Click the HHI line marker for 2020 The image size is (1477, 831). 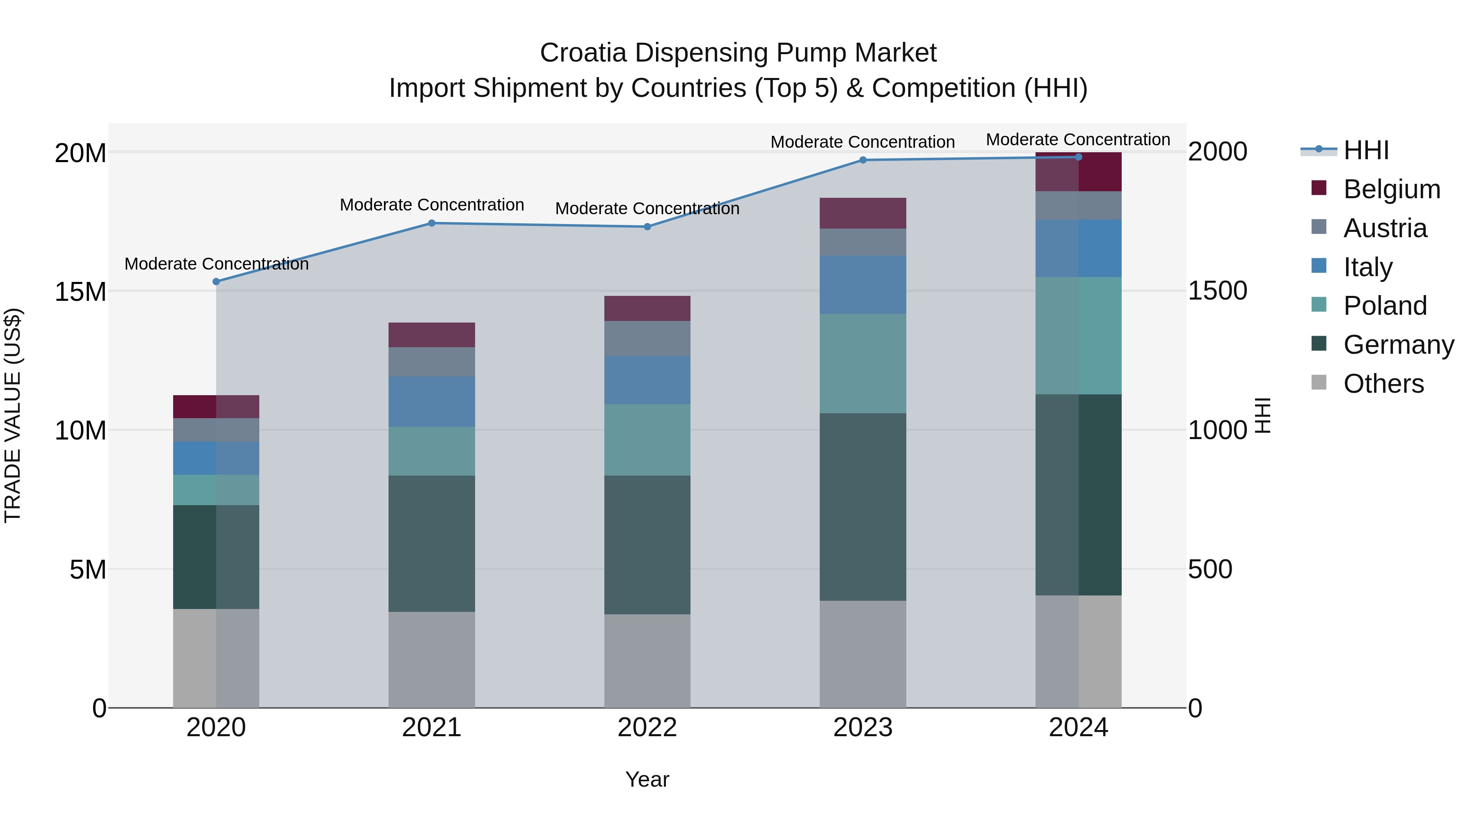coord(216,282)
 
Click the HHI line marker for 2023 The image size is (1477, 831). coord(862,160)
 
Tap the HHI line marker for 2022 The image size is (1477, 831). coord(647,227)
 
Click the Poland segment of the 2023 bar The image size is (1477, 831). coord(862,363)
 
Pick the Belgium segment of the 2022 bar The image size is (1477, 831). coord(647,309)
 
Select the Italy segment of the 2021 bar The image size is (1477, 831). coord(432,401)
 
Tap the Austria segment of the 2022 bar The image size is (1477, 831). coord(647,339)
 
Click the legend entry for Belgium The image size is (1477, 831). coord(1392,189)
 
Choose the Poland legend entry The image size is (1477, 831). coord(1385,306)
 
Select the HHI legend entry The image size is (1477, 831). coord(1366,150)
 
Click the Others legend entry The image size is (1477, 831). coord(1383,384)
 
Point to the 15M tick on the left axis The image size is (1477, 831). coord(80,291)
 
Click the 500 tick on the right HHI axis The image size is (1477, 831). coord(1210,570)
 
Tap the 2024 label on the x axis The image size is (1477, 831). coord(1078,728)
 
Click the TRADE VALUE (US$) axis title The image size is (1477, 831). coord(13,415)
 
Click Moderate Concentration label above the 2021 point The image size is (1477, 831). coord(432,205)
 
